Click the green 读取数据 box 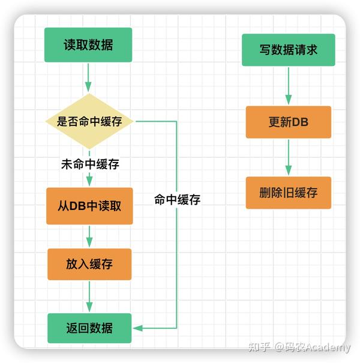[88, 45]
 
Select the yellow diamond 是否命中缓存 [89, 121]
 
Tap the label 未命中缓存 [90, 164]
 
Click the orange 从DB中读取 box [89, 206]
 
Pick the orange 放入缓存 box [89, 263]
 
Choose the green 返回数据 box [89, 328]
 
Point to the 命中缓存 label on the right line [177, 200]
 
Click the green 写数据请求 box [288, 50]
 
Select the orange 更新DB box [288, 122]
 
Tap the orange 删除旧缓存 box [288, 193]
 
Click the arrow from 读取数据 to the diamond [89, 77]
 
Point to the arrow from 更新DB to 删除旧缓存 [288, 157]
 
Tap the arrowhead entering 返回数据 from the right [137, 328]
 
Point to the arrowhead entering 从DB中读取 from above [89, 183]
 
